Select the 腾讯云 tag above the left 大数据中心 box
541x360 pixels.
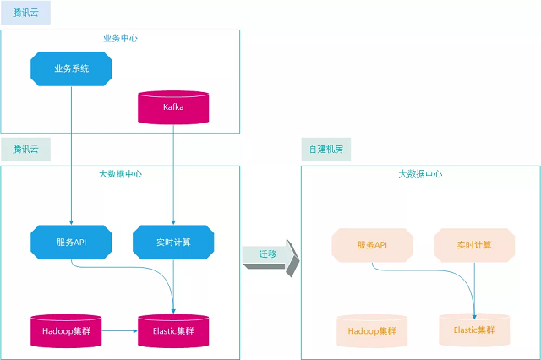pos(25,150)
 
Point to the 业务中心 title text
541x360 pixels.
pos(120,38)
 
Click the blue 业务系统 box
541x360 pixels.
pos(71,68)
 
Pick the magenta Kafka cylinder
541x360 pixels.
pos(173,107)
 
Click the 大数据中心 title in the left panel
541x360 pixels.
pos(120,174)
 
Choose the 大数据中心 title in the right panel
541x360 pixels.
pos(420,174)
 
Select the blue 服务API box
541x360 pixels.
pos(71,243)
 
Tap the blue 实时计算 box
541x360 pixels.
pos(173,243)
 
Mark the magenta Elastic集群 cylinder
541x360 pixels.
pos(173,330)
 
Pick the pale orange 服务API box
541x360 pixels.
pos(372,244)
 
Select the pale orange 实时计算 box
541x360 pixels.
pos(474,244)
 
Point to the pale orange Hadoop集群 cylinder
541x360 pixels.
pos(372,330)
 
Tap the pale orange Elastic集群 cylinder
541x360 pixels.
pos(474,329)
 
